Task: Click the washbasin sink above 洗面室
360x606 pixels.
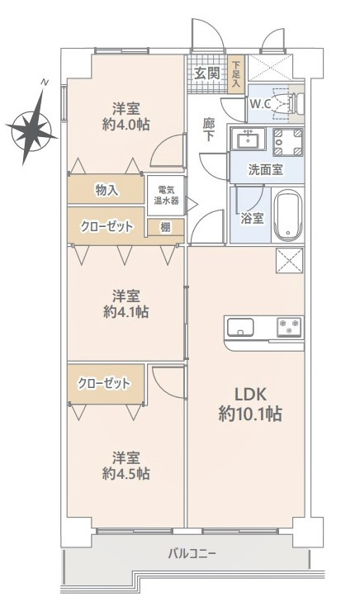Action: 247,138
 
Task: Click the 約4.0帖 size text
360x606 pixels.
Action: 126,125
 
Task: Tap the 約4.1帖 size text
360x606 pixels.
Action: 126,313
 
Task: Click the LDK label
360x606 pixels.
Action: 250,395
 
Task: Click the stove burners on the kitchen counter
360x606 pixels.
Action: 289,326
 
